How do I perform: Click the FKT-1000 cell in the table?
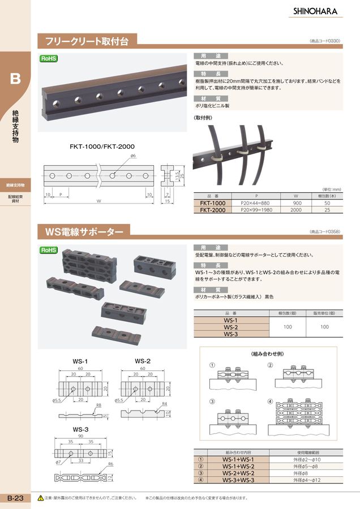coord(213,203)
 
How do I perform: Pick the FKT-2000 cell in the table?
coord(213,210)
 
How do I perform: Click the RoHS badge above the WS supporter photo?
coord(48,250)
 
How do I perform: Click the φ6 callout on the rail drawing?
coord(132,155)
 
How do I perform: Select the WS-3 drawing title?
coord(79,429)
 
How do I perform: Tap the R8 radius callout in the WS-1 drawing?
coord(98,406)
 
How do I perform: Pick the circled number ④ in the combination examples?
coord(270,402)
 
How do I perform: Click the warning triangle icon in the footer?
coord(40,498)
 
